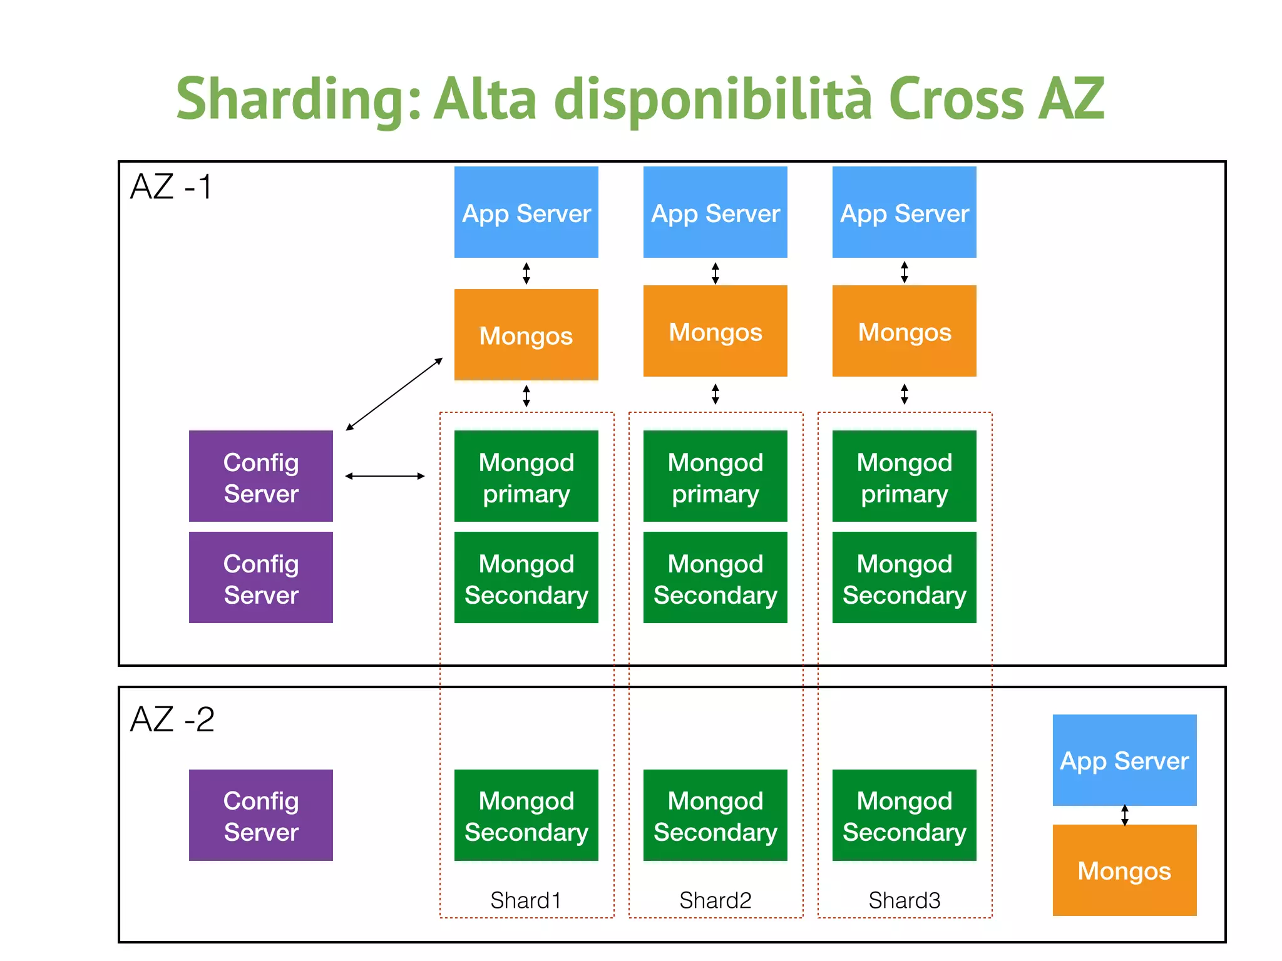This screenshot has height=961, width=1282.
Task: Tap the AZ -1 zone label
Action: pos(171,187)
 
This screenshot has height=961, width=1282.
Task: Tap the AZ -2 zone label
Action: pos(172,719)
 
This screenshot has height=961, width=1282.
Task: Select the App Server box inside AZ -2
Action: pos(1124,760)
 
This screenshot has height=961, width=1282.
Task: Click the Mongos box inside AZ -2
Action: pos(1124,870)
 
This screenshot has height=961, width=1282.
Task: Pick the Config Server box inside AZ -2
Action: pos(261,815)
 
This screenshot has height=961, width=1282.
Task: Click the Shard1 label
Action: pos(526,900)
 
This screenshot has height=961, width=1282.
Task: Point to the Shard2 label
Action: pos(715,900)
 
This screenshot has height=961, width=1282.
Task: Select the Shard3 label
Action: pos(905,900)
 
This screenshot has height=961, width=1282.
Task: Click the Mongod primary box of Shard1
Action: pos(526,476)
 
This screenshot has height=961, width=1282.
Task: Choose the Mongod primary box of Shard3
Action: pos(905,476)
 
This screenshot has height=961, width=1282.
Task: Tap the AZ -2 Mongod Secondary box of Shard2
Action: pos(715,815)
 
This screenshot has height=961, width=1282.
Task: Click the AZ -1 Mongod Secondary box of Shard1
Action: pos(526,577)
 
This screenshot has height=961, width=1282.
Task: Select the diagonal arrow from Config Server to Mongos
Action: pos(394,394)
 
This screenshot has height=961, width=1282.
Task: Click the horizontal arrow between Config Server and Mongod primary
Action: pos(385,476)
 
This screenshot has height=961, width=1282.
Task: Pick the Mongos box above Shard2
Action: pos(715,331)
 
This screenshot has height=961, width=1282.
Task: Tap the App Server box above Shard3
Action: pos(905,212)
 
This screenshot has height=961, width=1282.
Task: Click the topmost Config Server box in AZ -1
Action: pos(261,476)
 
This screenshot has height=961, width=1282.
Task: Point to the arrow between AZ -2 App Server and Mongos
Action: pos(1125,815)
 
